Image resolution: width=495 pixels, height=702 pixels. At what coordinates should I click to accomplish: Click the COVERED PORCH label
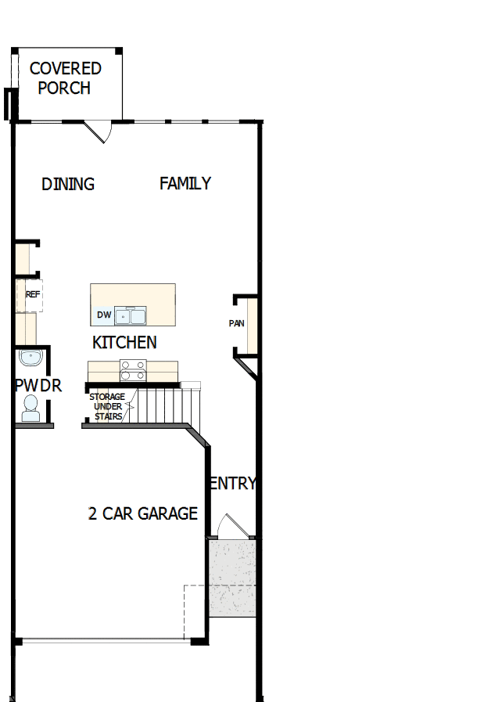coord(65,78)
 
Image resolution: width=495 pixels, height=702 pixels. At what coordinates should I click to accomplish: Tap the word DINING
coord(68,184)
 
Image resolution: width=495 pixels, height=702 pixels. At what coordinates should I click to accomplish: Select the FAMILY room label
coord(185,183)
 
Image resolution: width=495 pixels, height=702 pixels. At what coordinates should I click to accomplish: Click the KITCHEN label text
coord(124,342)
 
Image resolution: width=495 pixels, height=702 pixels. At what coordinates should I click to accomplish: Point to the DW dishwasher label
coord(103,315)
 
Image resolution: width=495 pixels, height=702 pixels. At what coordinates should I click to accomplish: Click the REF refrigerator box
coord(31,295)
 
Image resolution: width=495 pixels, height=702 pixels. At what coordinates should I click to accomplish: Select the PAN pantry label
coord(236,323)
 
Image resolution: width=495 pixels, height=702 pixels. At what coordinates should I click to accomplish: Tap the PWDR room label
coord(38,386)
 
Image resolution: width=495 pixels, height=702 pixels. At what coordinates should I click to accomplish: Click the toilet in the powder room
coord(30,409)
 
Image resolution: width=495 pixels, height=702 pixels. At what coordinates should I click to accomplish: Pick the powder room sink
coord(29,358)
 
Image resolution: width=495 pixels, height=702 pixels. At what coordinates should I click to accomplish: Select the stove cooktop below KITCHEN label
coord(132,369)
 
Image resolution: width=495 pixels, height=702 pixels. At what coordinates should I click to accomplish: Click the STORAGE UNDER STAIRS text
coord(107,407)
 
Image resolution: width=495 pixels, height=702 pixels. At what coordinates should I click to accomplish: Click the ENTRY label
coord(232,484)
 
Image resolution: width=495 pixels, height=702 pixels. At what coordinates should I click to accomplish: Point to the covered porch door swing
coord(99,132)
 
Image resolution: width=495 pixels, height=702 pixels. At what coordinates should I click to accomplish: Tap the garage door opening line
coord(106,642)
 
